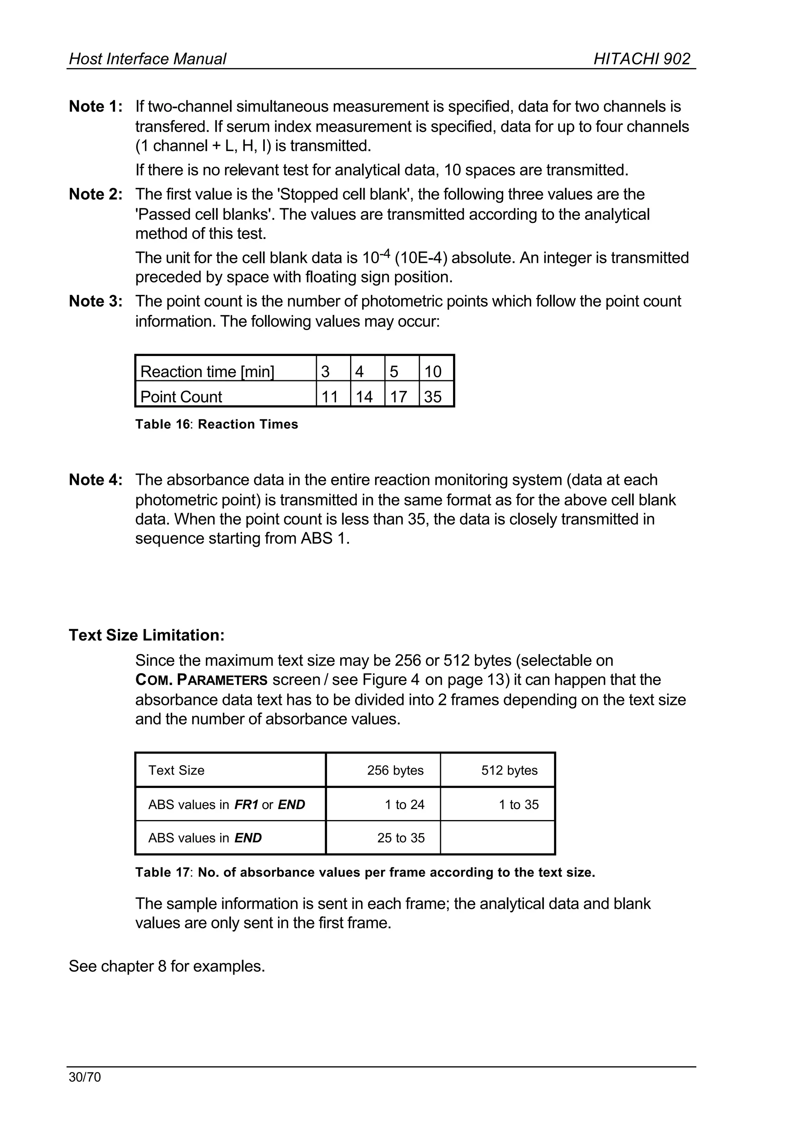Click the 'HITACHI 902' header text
click(x=641, y=59)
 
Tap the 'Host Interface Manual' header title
click(x=147, y=59)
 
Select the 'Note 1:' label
click(x=95, y=106)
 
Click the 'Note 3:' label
click(x=95, y=301)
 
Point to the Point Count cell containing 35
click(x=433, y=397)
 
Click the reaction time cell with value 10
click(x=433, y=371)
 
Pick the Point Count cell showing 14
click(x=365, y=397)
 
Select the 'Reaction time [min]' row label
click(x=208, y=371)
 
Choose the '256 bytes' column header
click(x=395, y=770)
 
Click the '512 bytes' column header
click(x=509, y=770)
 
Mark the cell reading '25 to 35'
click(x=401, y=838)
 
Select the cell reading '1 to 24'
click(x=405, y=804)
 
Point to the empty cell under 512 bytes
click(x=497, y=838)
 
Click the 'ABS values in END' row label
click(x=205, y=838)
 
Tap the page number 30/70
click(x=85, y=1077)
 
